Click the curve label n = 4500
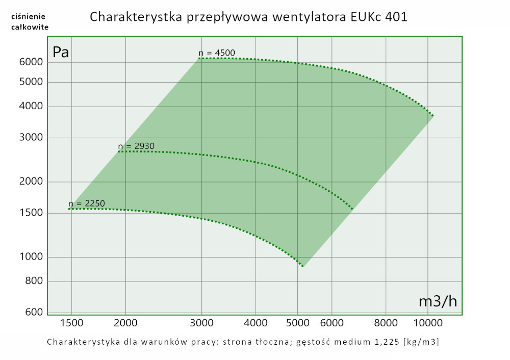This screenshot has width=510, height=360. [x=217, y=53]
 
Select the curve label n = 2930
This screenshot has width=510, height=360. [x=136, y=146]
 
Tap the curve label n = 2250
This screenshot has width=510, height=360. [x=86, y=204]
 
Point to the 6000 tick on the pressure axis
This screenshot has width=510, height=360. [x=31, y=62]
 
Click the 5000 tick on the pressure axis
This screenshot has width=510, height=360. [x=31, y=82]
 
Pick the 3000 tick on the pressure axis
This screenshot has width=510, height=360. [x=31, y=138]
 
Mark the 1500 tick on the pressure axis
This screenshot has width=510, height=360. [x=31, y=213]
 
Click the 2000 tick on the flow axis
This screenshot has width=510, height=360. [x=125, y=322]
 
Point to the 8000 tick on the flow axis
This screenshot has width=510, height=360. [x=386, y=322]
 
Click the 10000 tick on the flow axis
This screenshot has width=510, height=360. [x=427, y=322]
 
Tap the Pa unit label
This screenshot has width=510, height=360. [x=61, y=52]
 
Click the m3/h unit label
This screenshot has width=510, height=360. [x=438, y=301]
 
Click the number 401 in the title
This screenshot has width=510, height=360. [x=394, y=17]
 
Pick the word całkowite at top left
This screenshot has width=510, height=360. [x=30, y=27]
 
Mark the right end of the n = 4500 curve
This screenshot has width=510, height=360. [x=433, y=116]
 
